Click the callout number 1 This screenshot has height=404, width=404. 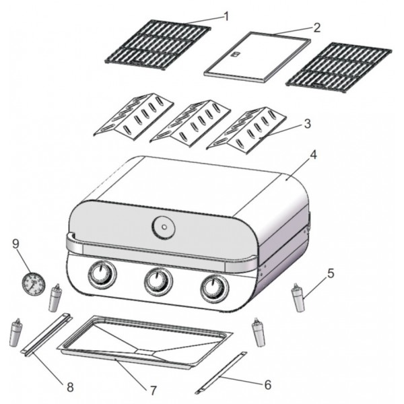[226, 17]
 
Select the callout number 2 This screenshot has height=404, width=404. [316, 28]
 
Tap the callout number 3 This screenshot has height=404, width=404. [308, 124]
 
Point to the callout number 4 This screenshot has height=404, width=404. [313, 155]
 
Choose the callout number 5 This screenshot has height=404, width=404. [331, 273]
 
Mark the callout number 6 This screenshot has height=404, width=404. [268, 385]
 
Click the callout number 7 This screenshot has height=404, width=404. [154, 391]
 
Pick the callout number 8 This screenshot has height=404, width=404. [70, 386]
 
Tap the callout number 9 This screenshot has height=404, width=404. [15, 244]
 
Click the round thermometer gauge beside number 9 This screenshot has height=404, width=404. [34, 283]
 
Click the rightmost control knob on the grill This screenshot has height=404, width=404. [215, 289]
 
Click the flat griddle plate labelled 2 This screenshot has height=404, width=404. [257, 57]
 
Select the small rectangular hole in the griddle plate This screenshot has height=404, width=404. [236, 54]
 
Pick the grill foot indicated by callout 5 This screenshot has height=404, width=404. [298, 298]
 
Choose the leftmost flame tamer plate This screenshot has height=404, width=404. [133, 116]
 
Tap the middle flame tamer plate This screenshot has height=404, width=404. [190, 123]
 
